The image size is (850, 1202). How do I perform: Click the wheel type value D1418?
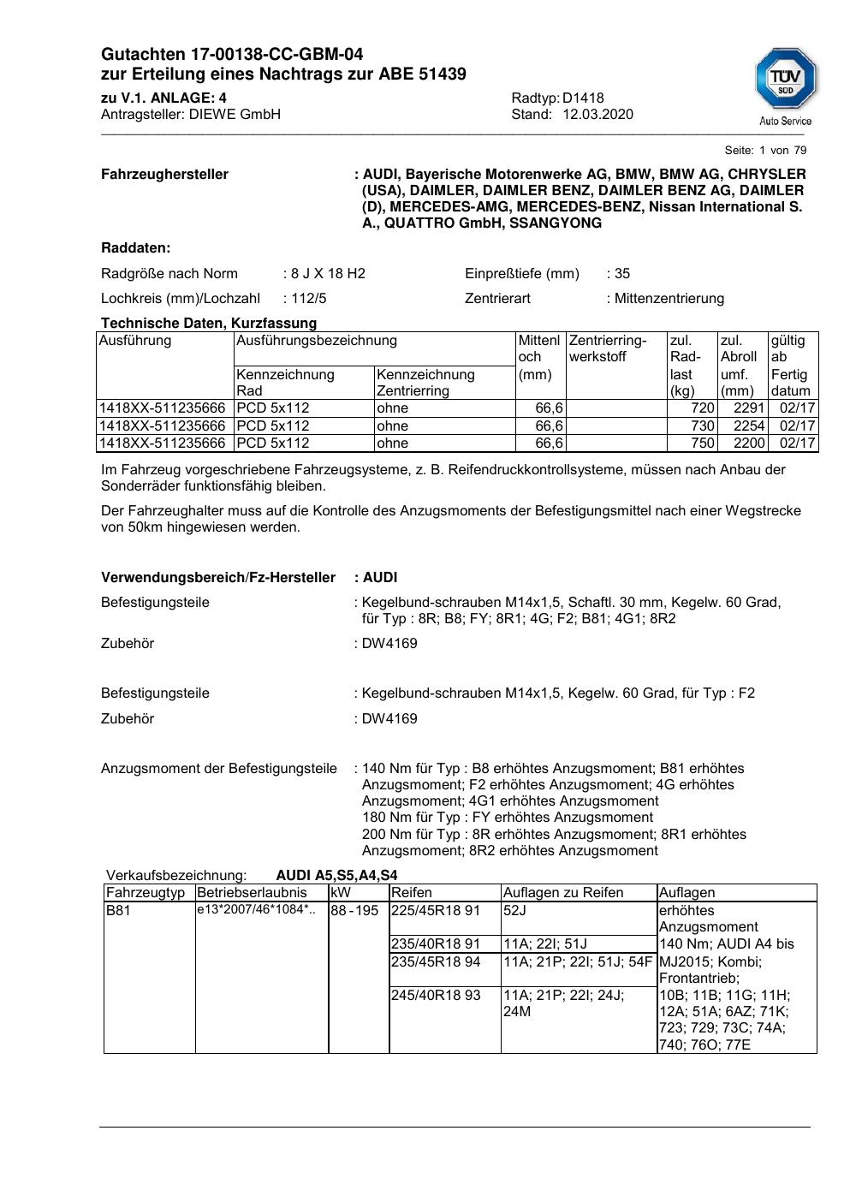[x=583, y=98]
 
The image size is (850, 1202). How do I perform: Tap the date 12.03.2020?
[x=597, y=115]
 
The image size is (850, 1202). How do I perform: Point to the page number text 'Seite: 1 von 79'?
[x=765, y=150]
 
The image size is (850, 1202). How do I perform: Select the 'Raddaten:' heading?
[x=136, y=248]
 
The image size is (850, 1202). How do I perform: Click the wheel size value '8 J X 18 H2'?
[x=328, y=274]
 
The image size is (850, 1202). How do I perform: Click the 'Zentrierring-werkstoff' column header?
[x=608, y=348]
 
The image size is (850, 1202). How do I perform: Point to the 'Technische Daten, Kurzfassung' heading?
[x=209, y=323]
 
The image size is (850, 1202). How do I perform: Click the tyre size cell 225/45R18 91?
[x=436, y=911]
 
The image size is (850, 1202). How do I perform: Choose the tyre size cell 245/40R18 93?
[x=436, y=996]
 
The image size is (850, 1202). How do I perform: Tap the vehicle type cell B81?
[x=119, y=911]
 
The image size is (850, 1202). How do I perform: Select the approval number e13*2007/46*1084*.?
[x=256, y=910]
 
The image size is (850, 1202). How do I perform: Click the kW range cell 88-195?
[x=354, y=911]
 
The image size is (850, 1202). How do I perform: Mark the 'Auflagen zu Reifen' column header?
[x=563, y=893]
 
